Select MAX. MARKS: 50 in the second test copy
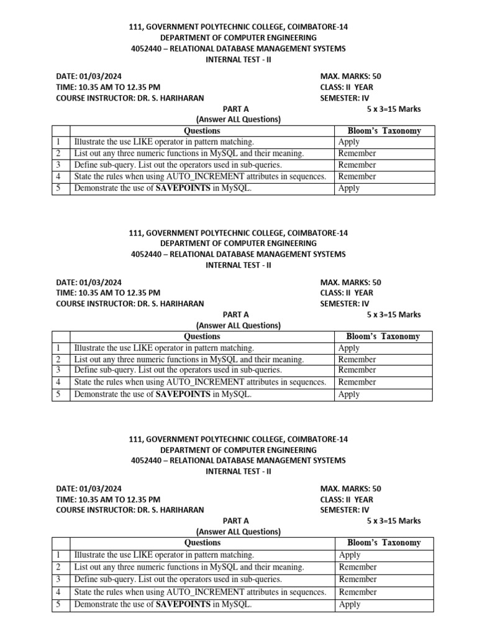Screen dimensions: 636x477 pyautogui.click(x=350, y=282)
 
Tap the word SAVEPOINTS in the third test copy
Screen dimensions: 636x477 pyautogui.click(x=183, y=604)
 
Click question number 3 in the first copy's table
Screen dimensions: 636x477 pyautogui.click(x=58, y=165)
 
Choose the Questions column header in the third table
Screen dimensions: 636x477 pyautogui.click(x=202, y=543)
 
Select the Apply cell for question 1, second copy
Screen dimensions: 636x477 pyautogui.click(x=349, y=348)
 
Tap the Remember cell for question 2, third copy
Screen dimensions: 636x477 pyautogui.click(x=358, y=566)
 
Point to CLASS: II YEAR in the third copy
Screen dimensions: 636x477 pyautogui.click(x=347, y=499)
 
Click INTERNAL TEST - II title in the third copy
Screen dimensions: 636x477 pyautogui.click(x=238, y=471)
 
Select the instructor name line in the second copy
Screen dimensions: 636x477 pyautogui.click(x=130, y=304)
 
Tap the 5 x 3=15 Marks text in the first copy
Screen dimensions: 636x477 pyautogui.click(x=394, y=109)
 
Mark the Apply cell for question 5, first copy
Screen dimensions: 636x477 pyautogui.click(x=349, y=188)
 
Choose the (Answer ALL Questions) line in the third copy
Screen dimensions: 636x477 pyautogui.click(x=238, y=532)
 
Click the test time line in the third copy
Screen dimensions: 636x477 pyautogui.click(x=108, y=499)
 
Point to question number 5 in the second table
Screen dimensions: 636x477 pyautogui.click(x=58, y=394)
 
